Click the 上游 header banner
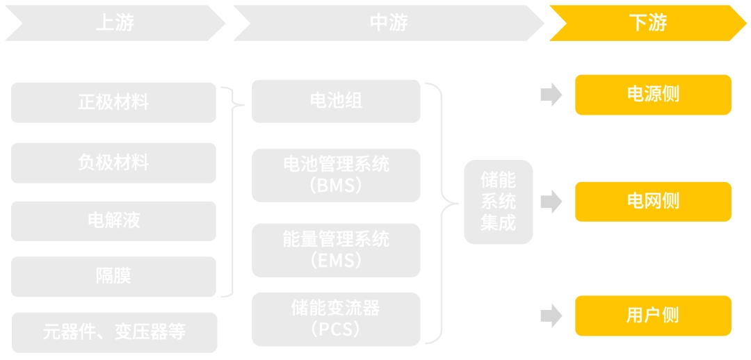115,23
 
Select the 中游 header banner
388,23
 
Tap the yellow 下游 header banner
647,23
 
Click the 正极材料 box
113,103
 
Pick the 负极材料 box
113,163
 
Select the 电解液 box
113,221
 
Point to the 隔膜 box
113,276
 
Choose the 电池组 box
336,101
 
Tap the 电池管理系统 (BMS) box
336,175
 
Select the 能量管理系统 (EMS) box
336,250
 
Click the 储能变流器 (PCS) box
336,319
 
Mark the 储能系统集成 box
498,202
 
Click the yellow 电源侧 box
653,95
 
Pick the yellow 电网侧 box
653,202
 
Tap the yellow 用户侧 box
653,316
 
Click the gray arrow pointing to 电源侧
551,95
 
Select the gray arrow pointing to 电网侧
551,202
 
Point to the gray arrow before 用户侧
551,316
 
